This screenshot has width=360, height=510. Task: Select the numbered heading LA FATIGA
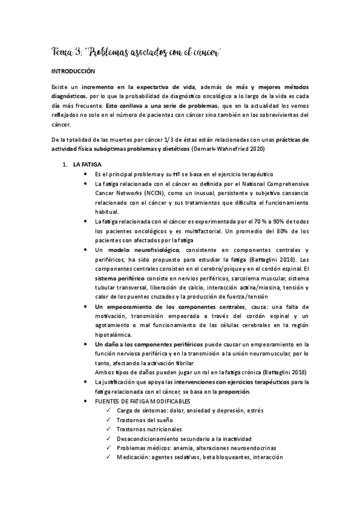coord(87,164)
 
